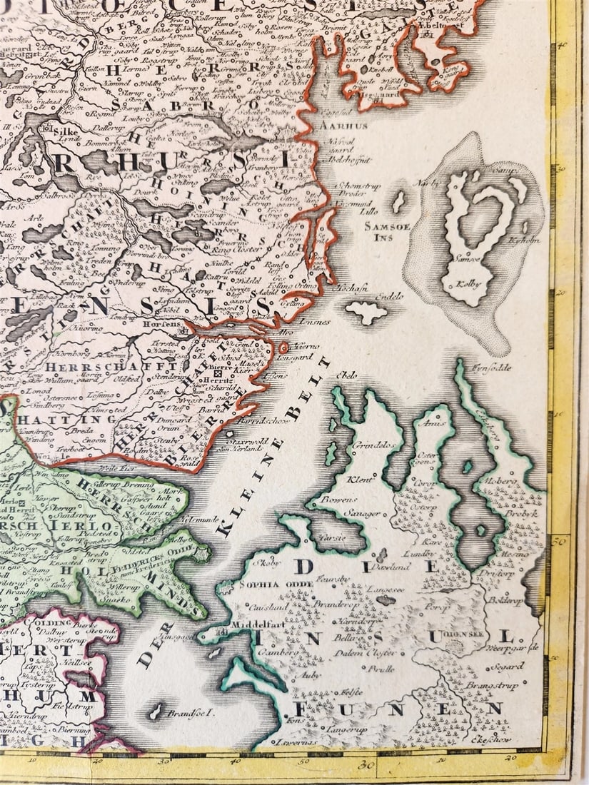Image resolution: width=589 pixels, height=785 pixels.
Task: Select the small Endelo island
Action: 366,312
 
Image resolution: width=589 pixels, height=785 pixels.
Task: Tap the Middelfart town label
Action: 248,624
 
